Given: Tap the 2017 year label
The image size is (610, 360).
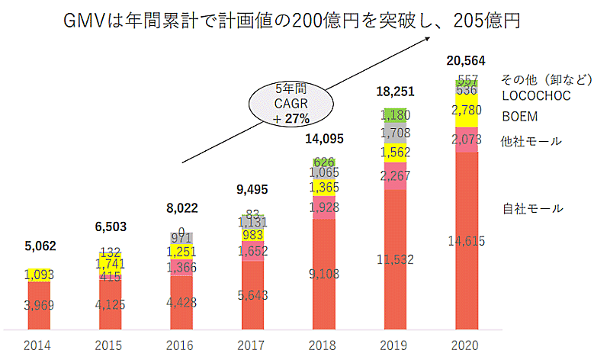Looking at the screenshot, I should click(252, 346).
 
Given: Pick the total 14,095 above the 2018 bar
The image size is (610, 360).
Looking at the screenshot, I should click(324, 139).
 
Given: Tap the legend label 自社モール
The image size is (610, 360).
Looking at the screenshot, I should click(531, 208).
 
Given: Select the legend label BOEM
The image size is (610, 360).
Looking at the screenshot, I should click(519, 117).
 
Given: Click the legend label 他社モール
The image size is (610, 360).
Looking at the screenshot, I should click(531, 141).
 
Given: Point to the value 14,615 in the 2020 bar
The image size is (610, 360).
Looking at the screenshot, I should click(466, 241).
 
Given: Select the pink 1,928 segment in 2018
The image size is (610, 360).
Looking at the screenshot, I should click(324, 207).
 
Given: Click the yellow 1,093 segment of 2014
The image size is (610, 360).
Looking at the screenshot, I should click(39, 273).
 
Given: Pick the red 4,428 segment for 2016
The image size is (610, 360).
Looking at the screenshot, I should click(181, 302).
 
